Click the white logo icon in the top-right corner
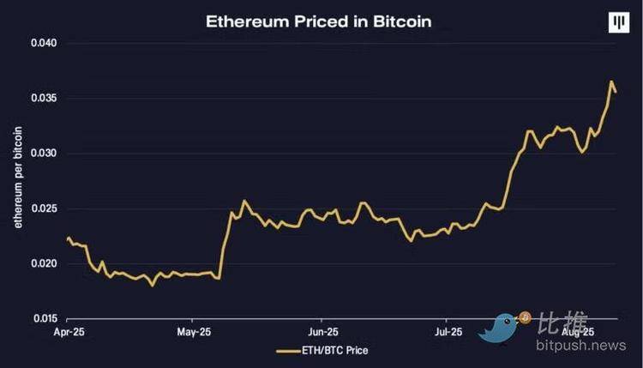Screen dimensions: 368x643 [617, 23]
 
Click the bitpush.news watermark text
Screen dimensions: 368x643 [582, 346]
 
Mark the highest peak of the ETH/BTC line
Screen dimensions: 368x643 [612, 82]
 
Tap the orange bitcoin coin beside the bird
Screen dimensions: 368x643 [525, 317]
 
